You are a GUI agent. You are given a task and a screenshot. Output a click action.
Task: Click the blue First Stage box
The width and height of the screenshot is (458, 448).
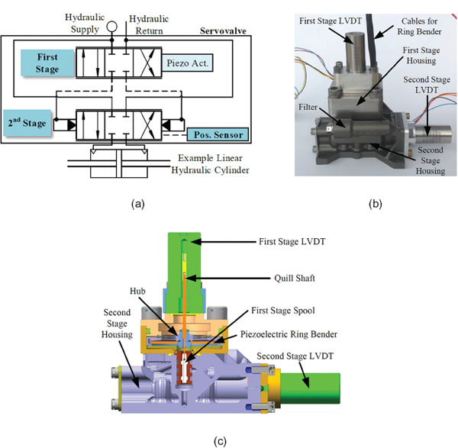point(47,63)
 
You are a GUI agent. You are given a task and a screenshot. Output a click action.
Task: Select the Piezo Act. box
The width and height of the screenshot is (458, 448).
point(188,63)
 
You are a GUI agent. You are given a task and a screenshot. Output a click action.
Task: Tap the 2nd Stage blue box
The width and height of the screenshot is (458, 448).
point(27,123)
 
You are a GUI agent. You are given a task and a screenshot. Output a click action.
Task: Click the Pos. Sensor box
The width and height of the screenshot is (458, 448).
point(218,134)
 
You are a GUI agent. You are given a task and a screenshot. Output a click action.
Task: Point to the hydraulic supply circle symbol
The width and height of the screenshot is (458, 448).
point(111,27)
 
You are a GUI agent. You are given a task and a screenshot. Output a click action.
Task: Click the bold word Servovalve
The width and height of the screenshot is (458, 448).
point(223,31)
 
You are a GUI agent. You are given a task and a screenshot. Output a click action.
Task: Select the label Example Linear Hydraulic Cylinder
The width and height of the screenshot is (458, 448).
point(211,164)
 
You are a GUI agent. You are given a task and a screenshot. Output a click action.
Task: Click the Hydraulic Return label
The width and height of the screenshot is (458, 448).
point(149,25)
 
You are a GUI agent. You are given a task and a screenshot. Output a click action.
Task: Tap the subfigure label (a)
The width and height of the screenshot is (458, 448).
point(138,204)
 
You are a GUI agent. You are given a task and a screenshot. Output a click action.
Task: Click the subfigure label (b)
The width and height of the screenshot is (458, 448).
point(376,204)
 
